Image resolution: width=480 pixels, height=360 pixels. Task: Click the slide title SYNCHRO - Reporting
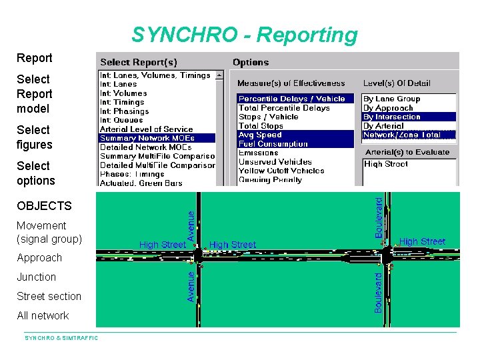(x=244, y=35)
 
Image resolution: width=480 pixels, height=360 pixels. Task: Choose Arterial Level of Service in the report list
(x=146, y=129)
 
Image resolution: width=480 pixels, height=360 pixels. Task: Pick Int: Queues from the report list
(x=121, y=120)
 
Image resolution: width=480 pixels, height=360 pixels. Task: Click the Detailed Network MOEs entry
(x=145, y=147)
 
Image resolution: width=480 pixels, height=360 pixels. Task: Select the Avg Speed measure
(x=260, y=135)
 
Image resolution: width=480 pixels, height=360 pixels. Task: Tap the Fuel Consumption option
(x=273, y=143)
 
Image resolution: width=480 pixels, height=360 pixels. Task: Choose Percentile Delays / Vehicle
(x=291, y=99)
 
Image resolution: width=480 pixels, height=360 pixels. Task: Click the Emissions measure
(x=258, y=153)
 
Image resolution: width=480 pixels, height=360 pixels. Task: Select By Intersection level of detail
(x=391, y=117)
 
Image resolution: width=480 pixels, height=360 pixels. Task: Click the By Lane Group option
(x=391, y=99)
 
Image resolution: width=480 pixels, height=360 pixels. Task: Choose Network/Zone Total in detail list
(x=401, y=135)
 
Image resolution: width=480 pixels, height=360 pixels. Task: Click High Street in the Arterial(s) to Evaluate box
(x=386, y=164)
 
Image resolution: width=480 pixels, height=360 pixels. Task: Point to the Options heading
(x=251, y=63)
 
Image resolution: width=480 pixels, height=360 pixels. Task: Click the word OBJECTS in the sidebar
(x=44, y=206)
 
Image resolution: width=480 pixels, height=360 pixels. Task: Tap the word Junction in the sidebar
(x=37, y=277)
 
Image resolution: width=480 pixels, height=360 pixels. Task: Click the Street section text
(x=49, y=296)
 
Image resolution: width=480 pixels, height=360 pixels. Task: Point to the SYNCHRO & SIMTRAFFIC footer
(x=61, y=338)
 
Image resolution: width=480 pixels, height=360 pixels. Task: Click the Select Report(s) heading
(x=138, y=63)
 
